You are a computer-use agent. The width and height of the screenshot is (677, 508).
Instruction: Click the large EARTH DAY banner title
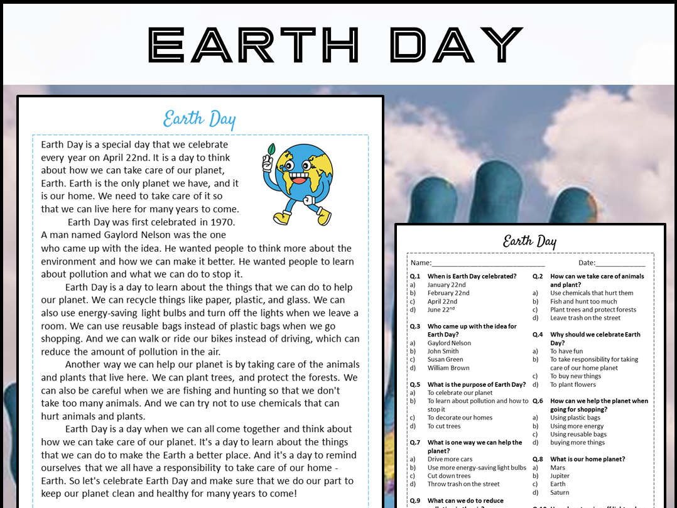335,45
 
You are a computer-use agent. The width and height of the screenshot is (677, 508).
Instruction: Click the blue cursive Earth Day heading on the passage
199,119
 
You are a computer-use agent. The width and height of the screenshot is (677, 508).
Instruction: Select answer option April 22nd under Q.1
442,301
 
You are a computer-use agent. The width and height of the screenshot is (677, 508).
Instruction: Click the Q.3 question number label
414,327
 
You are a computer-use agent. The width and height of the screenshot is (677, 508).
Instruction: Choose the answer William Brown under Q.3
448,368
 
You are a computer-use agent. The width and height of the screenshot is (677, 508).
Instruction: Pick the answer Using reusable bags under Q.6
578,435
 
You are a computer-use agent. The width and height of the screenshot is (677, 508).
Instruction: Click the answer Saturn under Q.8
560,492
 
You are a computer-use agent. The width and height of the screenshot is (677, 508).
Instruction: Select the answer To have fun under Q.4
566,352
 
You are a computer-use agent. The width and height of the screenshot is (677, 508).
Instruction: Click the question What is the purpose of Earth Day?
477,384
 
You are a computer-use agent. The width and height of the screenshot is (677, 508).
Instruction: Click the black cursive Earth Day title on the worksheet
529,241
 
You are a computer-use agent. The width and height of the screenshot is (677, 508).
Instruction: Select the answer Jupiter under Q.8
561,476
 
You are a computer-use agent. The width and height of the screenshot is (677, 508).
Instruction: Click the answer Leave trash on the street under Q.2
585,318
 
